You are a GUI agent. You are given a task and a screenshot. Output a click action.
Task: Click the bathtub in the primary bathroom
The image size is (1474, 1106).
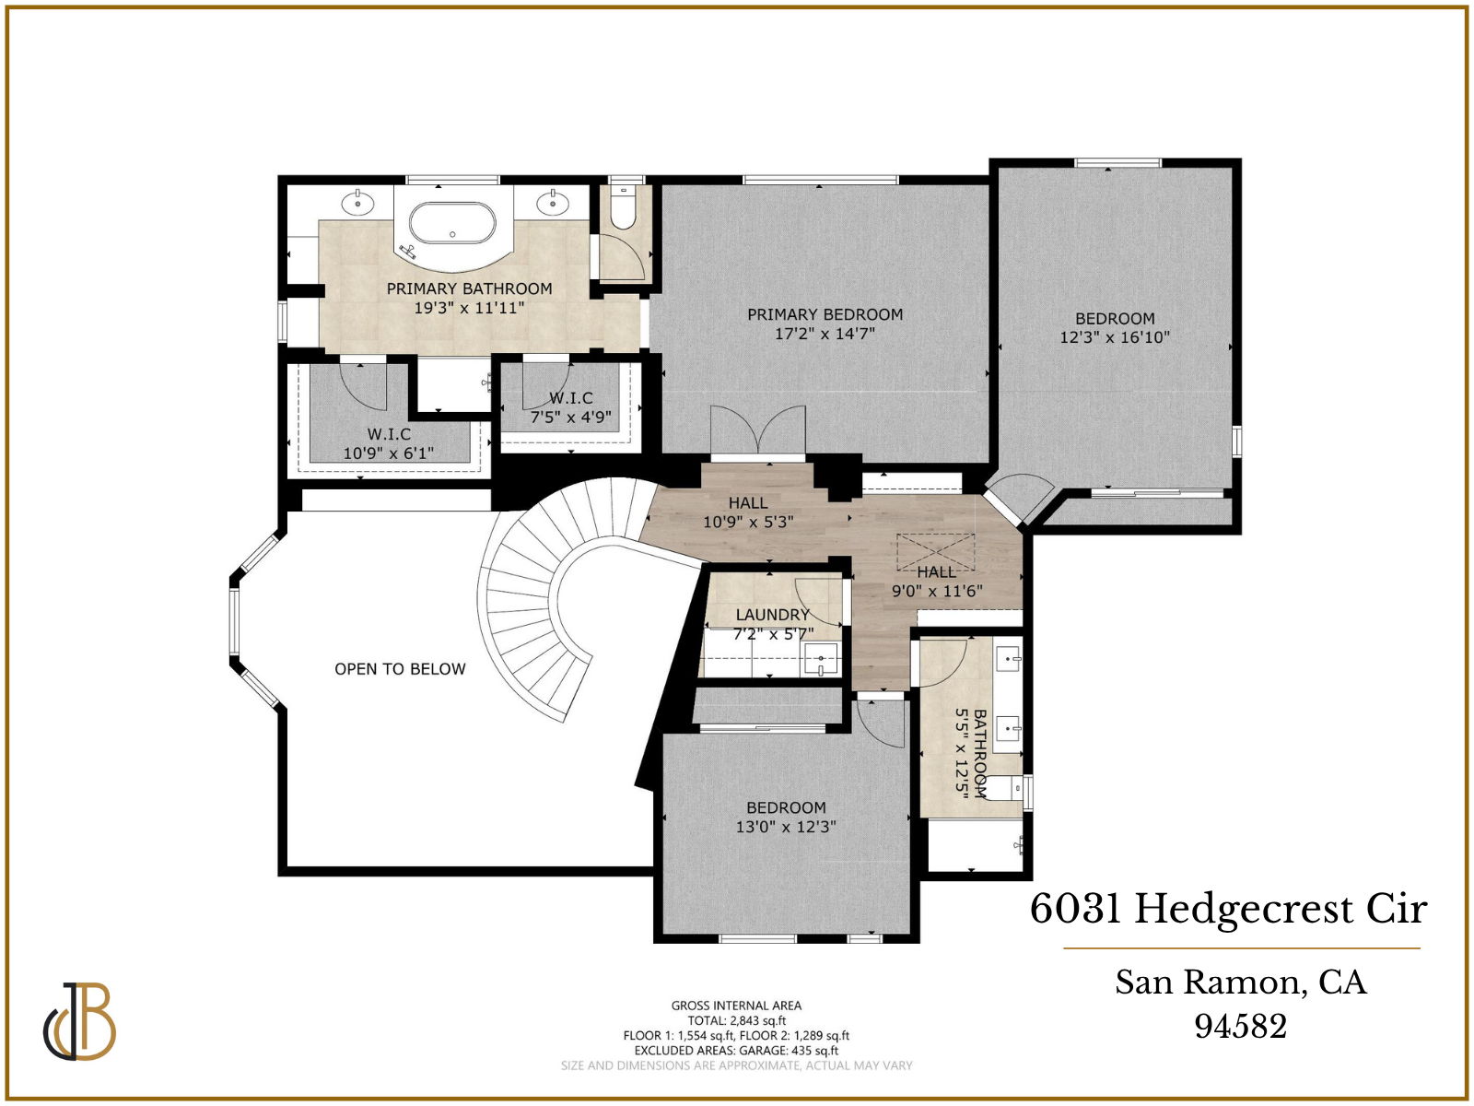[452, 223]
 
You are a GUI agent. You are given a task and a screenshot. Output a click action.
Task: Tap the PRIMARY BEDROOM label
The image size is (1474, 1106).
[825, 314]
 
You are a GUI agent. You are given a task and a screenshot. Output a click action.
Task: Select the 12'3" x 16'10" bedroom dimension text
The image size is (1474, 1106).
[1114, 337]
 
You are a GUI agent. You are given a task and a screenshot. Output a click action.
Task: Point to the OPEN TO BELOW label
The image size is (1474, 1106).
[400, 669]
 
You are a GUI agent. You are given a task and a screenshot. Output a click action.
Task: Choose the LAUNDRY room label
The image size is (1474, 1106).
[772, 615]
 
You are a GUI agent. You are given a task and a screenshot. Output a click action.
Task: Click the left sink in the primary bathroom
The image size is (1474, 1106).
[357, 202]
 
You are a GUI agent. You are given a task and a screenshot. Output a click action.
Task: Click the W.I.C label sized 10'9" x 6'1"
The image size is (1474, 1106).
[389, 434]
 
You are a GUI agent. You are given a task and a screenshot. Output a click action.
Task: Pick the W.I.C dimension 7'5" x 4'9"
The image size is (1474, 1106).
[570, 418]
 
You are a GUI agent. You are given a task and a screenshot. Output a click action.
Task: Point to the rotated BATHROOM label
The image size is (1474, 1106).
[979, 751]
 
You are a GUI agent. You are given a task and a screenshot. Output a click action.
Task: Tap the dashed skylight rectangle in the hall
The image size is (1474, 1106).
[935, 551]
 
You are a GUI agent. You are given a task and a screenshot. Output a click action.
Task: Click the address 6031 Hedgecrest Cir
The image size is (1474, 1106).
[1228, 909]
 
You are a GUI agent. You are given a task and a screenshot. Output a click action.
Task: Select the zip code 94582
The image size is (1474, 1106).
[1240, 1026]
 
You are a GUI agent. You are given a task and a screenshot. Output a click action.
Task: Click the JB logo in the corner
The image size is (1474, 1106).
[80, 1022]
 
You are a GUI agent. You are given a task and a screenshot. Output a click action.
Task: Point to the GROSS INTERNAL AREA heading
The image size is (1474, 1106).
[736, 1006]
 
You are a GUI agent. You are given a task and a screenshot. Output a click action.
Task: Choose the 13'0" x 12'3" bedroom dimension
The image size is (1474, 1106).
[786, 827]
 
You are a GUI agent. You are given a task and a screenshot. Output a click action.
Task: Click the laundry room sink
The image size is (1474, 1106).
[820, 658]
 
